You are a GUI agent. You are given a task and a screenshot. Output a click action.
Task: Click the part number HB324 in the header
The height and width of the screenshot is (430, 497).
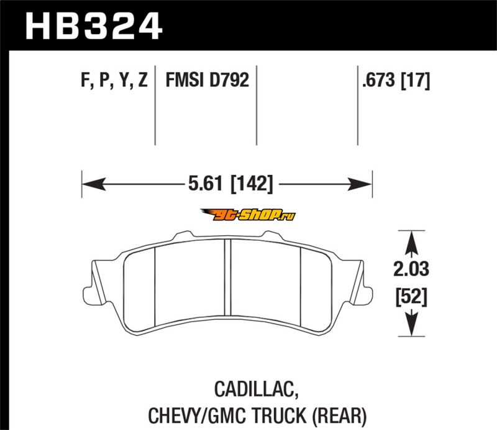pos(94,26)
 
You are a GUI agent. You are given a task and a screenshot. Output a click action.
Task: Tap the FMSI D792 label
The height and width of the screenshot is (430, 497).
pos(207,80)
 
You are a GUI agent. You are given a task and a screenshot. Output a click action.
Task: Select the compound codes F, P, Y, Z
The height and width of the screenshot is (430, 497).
pos(114,80)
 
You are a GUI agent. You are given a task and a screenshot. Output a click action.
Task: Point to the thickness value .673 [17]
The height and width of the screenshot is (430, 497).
pos(396,80)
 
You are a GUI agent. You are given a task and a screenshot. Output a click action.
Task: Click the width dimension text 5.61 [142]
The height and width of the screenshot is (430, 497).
pos(230,184)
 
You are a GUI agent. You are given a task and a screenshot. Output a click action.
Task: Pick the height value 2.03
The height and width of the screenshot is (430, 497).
pos(411,269)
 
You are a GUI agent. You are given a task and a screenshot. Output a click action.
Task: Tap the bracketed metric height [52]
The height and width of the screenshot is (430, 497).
pos(411,297)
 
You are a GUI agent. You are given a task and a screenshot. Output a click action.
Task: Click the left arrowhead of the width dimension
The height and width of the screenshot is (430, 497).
pos(94,184)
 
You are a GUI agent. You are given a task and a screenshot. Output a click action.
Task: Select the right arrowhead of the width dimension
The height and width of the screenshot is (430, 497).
pos(360,184)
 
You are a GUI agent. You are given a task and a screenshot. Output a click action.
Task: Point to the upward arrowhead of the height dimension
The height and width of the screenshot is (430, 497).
pos(411,243)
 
